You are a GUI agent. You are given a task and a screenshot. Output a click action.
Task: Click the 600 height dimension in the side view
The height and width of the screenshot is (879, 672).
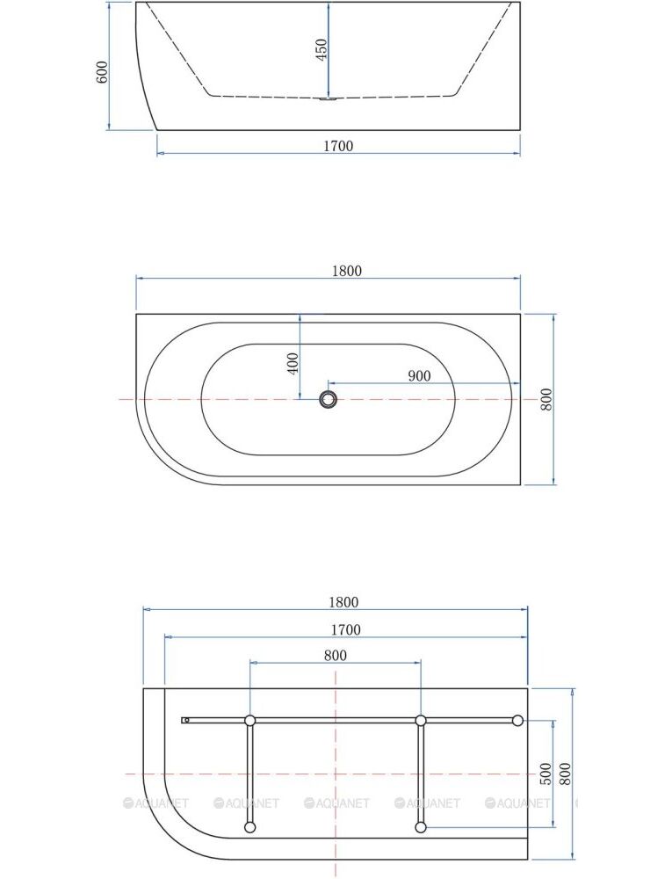pyautogui.click(x=102, y=72)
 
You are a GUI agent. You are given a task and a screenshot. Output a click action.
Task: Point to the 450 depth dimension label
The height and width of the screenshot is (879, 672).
pyautogui.click(x=321, y=50)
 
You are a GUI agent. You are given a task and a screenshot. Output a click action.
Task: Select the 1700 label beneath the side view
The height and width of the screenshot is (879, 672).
pyautogui.click(x=338, y=146)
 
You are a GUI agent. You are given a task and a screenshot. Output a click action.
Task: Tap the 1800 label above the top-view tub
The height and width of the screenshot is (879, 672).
pyautogui.click(x=347, y=271)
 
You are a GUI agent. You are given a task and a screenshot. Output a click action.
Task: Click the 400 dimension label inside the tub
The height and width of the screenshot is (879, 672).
pyautogui.click(x=293, y=363)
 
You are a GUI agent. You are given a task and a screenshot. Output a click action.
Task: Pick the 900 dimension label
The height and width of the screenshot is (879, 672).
pyautogui.click(x=419, y=375)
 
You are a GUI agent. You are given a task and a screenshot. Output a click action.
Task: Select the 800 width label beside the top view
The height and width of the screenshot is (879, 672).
pyautogui.click(x=546, y=399)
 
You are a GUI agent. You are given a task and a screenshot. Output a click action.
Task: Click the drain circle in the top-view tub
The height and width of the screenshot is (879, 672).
pyautogui.click(x=329, y=399)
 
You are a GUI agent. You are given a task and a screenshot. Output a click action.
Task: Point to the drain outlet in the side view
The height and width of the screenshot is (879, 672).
pyautogui.click(x=329, y=100)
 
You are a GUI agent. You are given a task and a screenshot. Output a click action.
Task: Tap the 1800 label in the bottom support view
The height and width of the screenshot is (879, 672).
pyautogui.click(x=343, y=602)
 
